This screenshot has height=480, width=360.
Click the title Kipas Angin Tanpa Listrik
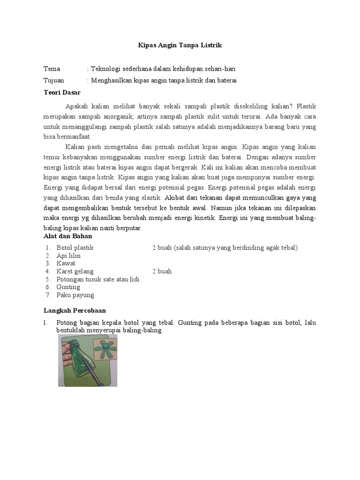click(x=180, y=45)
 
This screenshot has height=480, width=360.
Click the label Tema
click(x=52, y=69)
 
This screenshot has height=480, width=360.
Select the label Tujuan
click(x=54, y=81)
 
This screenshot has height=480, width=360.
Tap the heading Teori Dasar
click(x=62, y=92)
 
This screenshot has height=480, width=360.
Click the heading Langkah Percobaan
click(x=75, y=310)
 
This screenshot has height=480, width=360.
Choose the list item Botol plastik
click(x=75, y=247)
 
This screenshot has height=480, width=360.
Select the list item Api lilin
click(x=68, y=255)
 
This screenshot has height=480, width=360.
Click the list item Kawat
click(x=66, y=263)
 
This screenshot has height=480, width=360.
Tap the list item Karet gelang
click(x=75, y=271)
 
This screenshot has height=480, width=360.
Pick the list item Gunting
click(x=68, y=287)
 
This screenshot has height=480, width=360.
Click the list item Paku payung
click(x=75, y=295)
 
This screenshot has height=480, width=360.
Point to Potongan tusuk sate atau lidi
click(x=98, y=279)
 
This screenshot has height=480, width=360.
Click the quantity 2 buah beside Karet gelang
click(x=162, y=271)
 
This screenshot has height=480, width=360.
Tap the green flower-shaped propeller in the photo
click(x=106, y=350)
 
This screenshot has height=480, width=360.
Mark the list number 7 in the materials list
click(x=48, y=295)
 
